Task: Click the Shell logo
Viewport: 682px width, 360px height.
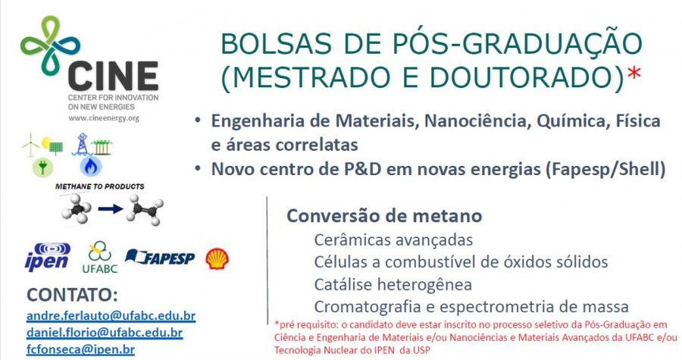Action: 217,258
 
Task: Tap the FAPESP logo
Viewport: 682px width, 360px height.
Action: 160,258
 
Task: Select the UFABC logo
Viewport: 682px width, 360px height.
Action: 99,257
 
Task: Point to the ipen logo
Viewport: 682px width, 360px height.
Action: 47,258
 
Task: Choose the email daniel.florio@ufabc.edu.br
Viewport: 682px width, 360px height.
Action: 104,332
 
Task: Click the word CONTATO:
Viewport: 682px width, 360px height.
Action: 72,295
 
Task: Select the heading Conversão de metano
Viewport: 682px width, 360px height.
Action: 383,216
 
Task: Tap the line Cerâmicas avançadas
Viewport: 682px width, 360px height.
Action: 393,240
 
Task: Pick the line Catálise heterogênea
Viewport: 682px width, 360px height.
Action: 393,285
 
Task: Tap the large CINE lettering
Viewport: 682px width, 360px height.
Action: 114,76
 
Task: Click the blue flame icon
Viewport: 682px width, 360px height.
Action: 91,165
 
